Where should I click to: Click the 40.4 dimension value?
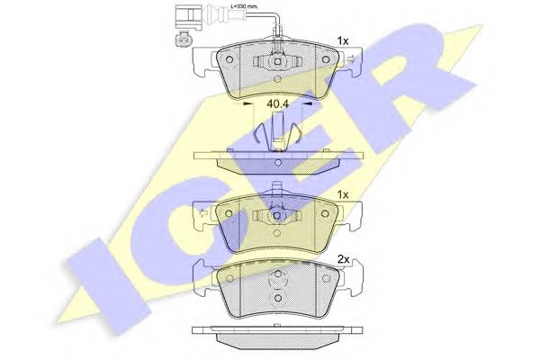point(277,103)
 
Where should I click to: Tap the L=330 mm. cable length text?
point(244,6)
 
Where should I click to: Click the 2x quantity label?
point(343,259)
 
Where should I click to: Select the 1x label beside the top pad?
point(343,41)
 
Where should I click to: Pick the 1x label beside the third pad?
point(343,194)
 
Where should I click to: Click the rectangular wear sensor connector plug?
point(186,17)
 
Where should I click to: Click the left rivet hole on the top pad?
point(229,59)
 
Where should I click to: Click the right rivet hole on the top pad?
point(326,59)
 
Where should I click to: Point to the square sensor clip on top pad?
point(277,62)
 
